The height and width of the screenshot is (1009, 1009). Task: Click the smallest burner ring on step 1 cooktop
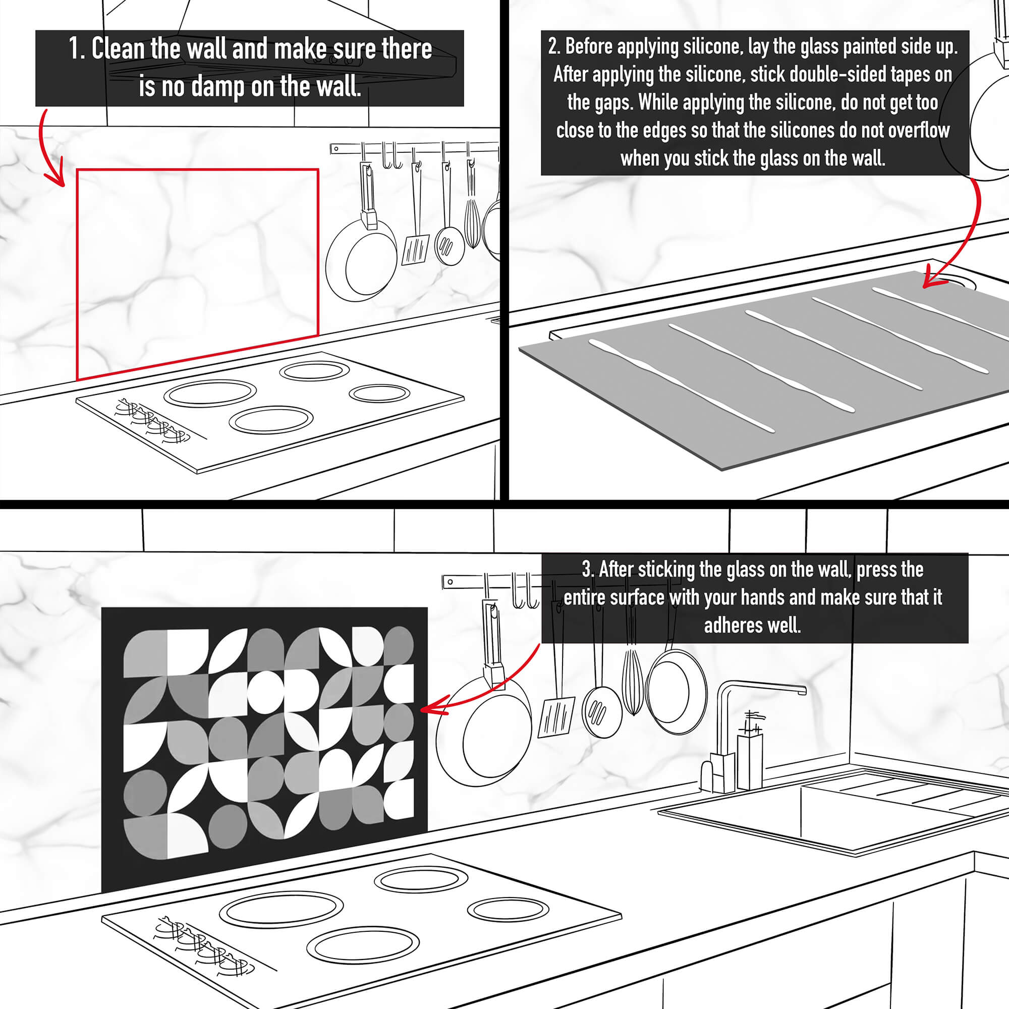tap(379, 394)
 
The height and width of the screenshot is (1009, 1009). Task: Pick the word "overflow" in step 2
tap(919, 130)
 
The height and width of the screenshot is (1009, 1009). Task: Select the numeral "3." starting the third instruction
tap(588, 569)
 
